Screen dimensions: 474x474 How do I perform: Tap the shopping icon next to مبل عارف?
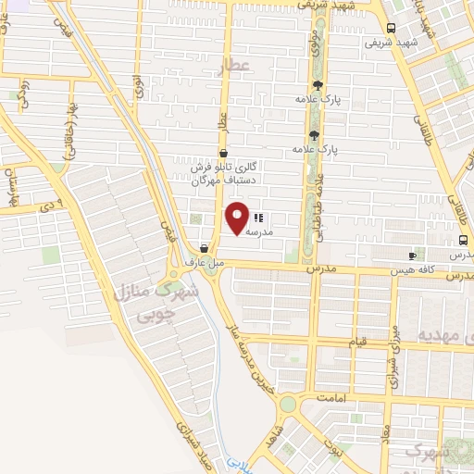point(204,248)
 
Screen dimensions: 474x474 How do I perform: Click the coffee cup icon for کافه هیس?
point(413,255)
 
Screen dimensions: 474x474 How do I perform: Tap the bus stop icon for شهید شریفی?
point(393,28)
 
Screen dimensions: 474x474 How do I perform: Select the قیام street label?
point(357,341)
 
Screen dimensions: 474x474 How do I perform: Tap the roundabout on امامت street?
point(288,404)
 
